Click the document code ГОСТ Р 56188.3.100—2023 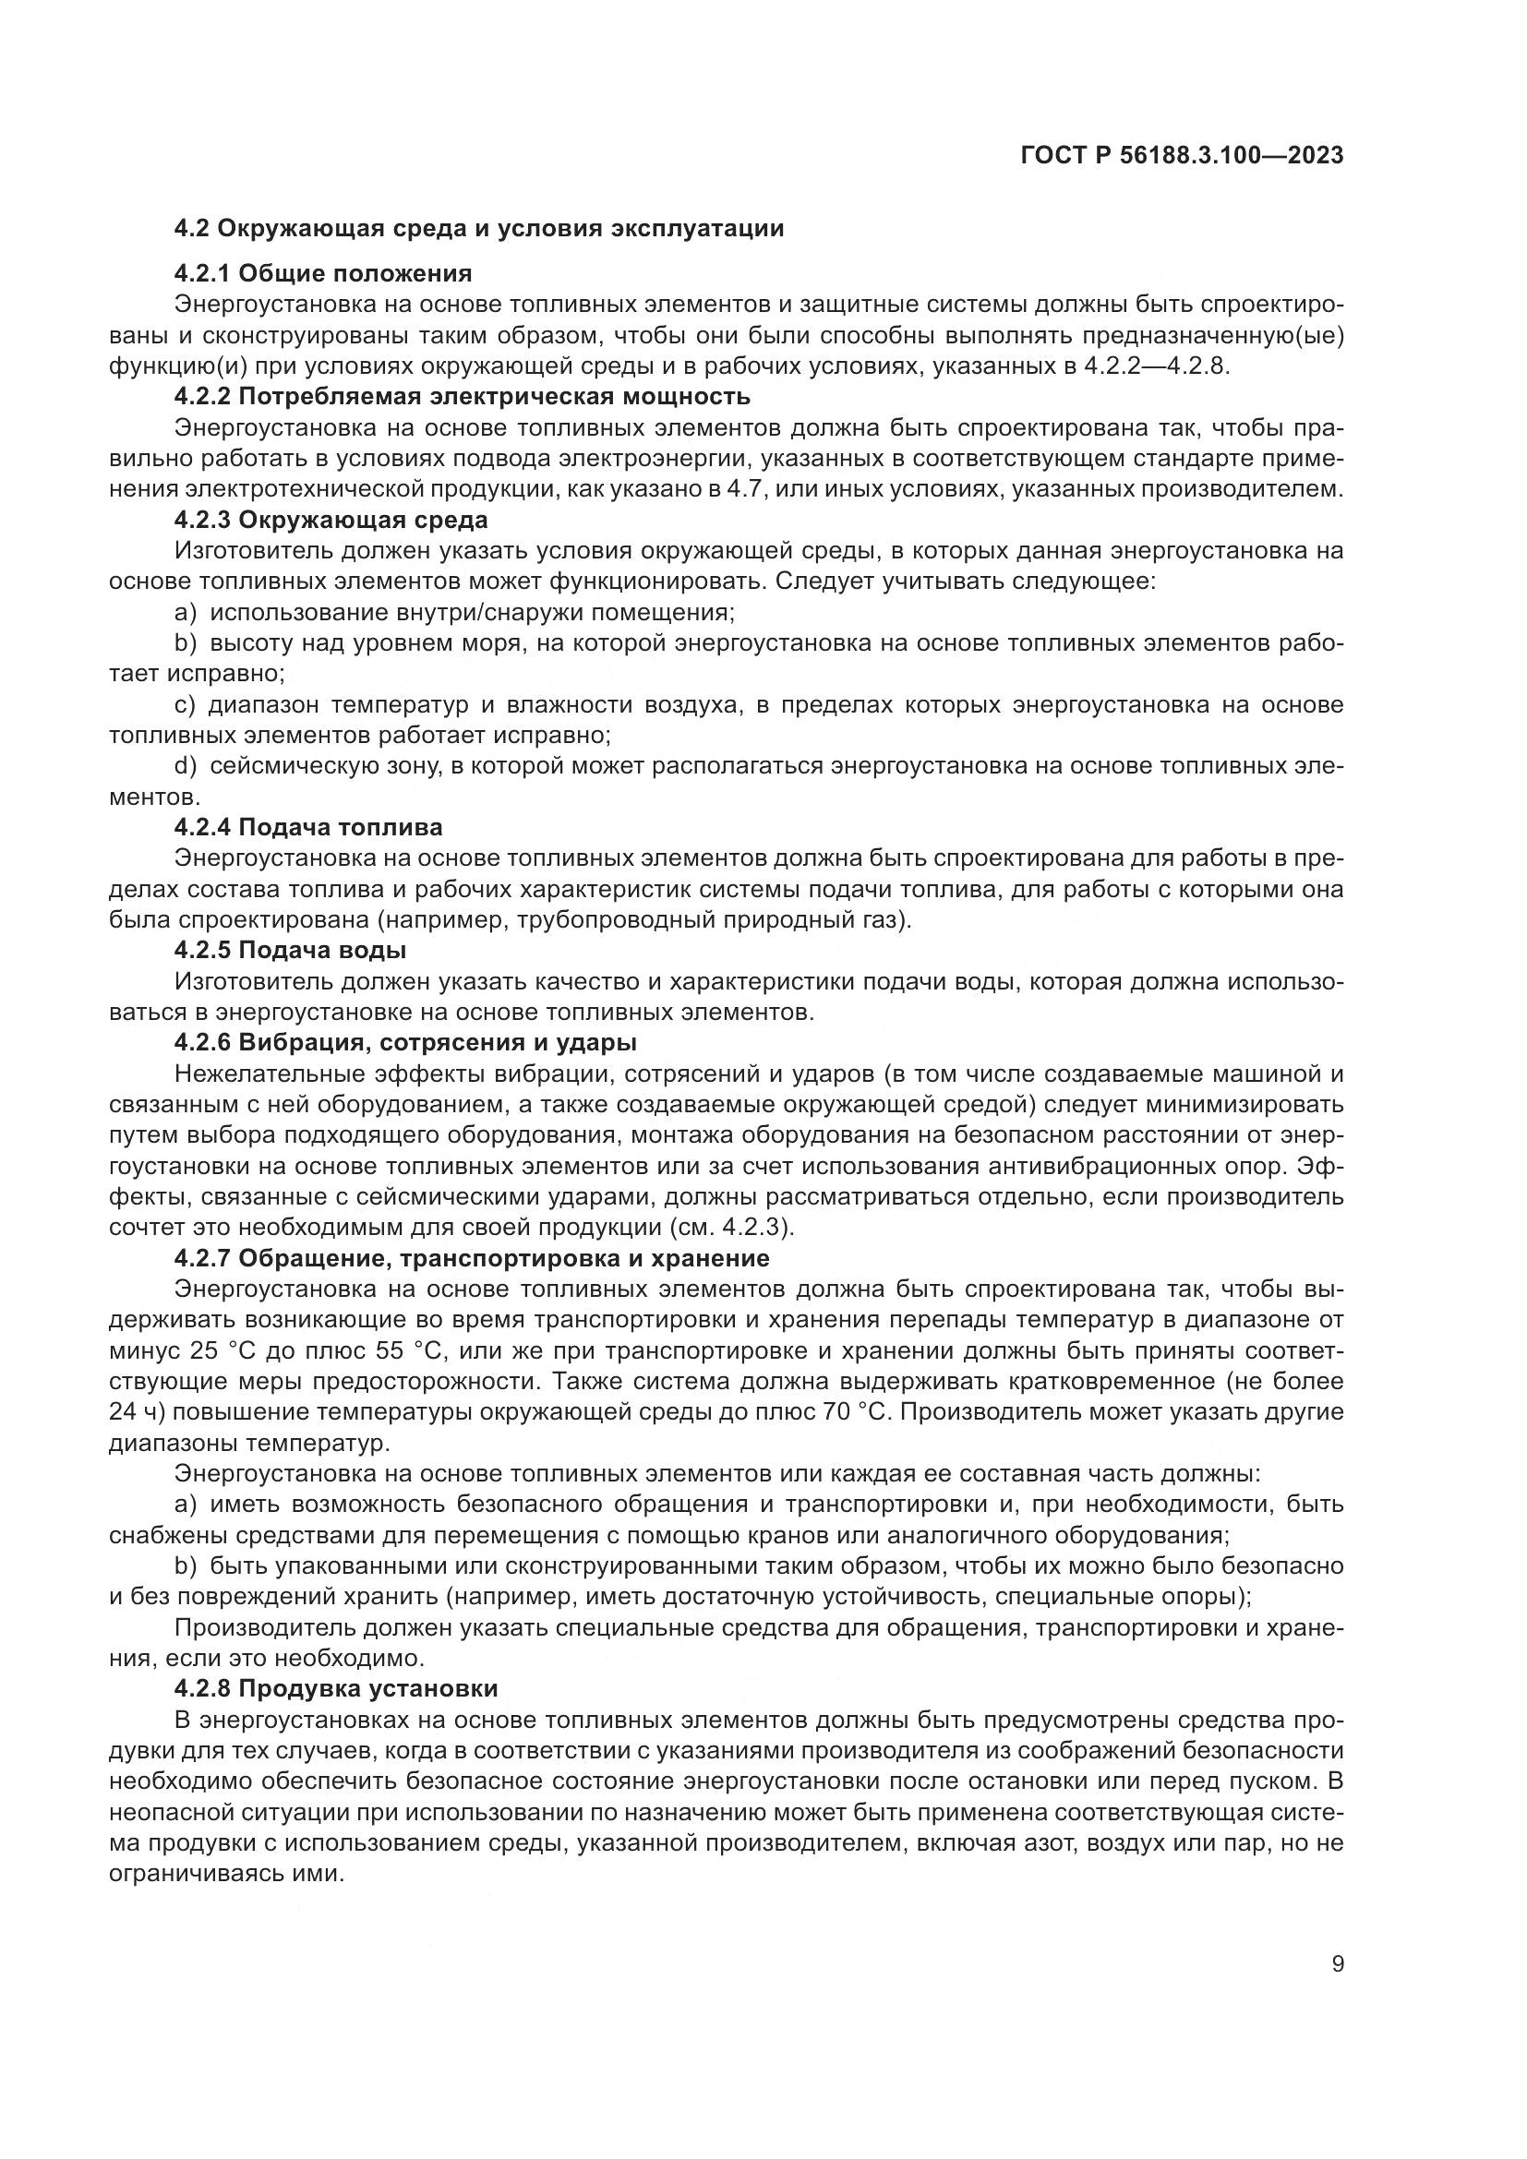click(1181, 156)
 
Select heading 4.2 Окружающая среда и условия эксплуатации click(478, 229)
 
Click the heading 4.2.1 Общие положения click(322, 273)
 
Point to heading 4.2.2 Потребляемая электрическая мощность click(462, 396)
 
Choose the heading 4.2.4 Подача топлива click(307, 827)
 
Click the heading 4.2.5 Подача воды click(290, 950)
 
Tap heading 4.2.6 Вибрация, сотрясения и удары click(405, 1042)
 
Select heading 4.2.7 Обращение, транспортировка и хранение click(471, 1258)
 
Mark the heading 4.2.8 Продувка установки click(336, 1689)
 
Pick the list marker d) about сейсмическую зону click(186, 766)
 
